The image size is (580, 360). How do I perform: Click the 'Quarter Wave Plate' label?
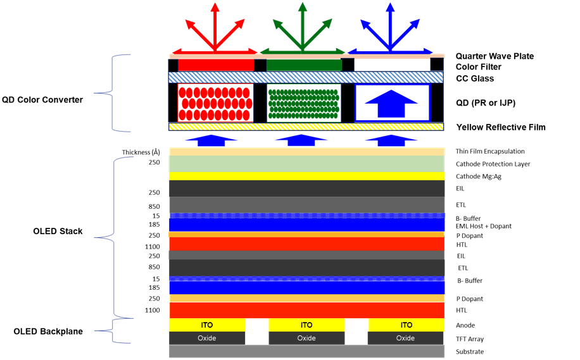click(495, 56)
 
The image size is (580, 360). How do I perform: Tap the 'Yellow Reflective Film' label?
click(501, 127)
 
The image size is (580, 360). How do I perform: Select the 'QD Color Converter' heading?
click(42, 100)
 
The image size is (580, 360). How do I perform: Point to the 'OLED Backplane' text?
click(48, 331)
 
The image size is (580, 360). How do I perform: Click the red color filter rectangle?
click(216, 65)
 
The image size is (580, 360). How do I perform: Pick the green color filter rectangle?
click(304, 65)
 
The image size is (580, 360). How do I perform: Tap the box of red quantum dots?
click(216, 102)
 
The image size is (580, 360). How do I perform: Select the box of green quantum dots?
click(304, 102)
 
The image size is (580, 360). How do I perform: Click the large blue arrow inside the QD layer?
click(391, 104)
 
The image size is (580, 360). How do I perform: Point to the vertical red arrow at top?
click(215, 26)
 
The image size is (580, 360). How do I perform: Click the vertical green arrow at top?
click(303, 26)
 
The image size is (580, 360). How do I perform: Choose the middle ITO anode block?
click(306, 325)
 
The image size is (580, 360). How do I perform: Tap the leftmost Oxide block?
click(207, 338)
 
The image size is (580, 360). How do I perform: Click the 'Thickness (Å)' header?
click(141, 152)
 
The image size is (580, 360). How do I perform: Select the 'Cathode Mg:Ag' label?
click(479, 177)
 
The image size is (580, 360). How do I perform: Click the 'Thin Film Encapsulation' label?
click(490, 151)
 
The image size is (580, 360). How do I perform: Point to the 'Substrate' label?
click(470, 352)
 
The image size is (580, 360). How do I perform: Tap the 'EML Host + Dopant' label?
click(484, 227)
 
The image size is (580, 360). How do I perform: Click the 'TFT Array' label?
click(470, 339)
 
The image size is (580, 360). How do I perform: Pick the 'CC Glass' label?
click(475, 78)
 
